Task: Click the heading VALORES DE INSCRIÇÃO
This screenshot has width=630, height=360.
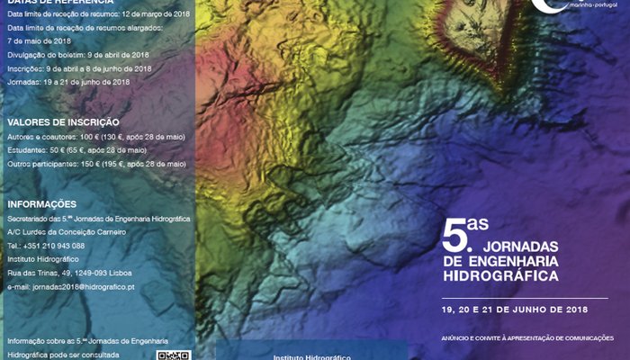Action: point(63,121)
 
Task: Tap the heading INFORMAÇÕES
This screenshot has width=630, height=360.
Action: point(41,203)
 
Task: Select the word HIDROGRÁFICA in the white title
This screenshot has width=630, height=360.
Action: point(499,274)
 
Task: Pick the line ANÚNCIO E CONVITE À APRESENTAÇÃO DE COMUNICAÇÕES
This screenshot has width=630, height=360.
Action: point(526,337)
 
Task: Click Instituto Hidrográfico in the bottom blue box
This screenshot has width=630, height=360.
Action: point(311,355)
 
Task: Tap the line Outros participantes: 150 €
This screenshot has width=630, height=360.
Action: point(96,164)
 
